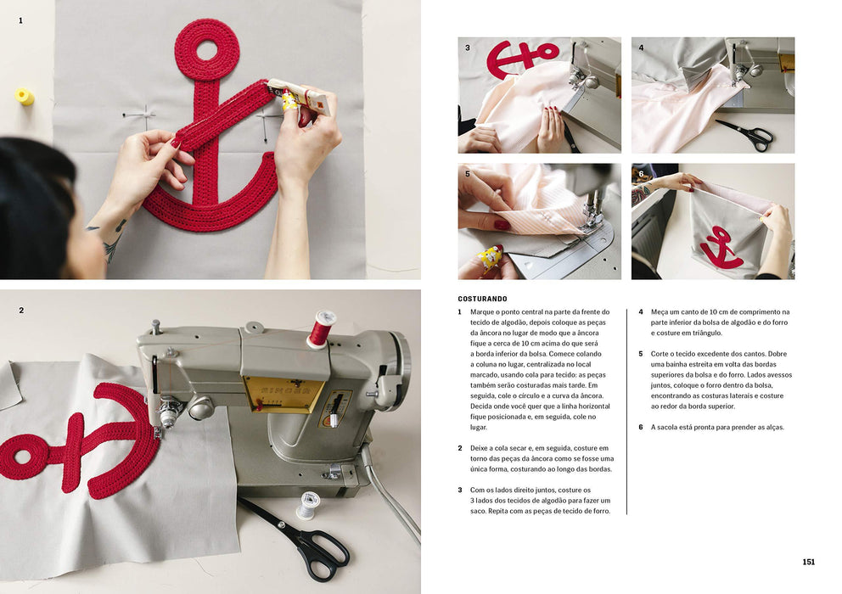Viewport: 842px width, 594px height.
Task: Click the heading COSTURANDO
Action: [482, 299]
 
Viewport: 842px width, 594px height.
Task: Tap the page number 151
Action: [808, 562]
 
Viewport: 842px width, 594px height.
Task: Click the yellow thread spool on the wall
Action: [24, 97]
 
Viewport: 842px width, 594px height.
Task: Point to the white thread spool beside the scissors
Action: [308, 506]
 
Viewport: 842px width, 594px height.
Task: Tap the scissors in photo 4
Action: [744, 134]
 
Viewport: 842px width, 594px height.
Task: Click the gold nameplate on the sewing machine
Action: [284, 395]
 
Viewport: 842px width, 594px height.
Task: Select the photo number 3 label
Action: [467, 48]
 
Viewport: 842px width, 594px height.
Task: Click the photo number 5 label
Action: [467, 174]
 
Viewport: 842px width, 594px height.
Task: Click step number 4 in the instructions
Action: [641, 312]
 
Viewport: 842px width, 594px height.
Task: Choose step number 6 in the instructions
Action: [641, 428]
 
